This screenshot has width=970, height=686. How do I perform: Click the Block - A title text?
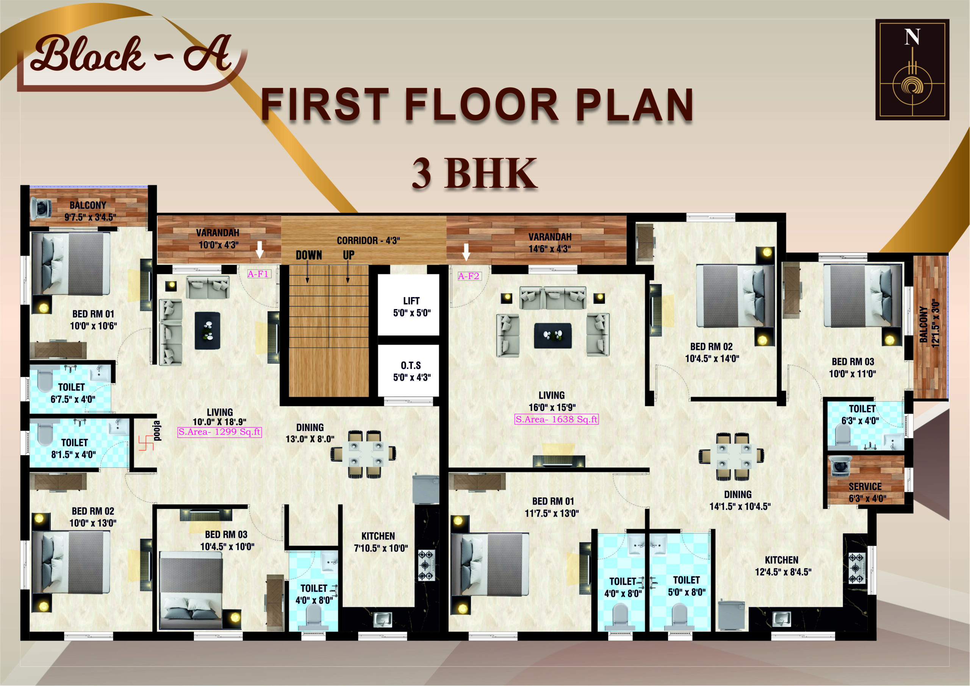(x=131, y=54)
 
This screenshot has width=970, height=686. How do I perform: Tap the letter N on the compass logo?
(x=912, y=37)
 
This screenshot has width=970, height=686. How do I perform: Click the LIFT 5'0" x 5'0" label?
(x=411, y=307)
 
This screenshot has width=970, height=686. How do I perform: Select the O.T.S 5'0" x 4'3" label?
(x=411, y=371)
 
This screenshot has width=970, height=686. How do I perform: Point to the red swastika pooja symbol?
(x=146, y=443)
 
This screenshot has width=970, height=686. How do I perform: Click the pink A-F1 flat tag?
(x=258, y=274)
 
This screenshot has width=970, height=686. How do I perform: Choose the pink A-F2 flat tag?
(x=469, y=276)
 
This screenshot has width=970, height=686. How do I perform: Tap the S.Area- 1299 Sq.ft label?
(x=220, y=432)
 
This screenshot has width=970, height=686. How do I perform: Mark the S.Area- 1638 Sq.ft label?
(x=556, y=419)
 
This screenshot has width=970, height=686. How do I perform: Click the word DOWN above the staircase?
(x=309, y=255)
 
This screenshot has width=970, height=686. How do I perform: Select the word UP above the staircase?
(x=349, y=255)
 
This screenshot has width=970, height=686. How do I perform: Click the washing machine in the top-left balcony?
(x=41, y=209)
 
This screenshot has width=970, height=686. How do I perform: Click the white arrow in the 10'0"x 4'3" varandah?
(x=260, y=250)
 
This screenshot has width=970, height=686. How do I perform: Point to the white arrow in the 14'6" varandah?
(x=466, y=252)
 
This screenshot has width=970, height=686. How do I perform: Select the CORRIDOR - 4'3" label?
(x=368, y=241)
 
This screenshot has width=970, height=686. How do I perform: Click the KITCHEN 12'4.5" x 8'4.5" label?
(x=783, y=566)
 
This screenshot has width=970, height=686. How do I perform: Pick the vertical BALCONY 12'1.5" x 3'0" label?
(x=929, y=324)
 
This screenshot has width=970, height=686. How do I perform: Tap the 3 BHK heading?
(x=474, y=173)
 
